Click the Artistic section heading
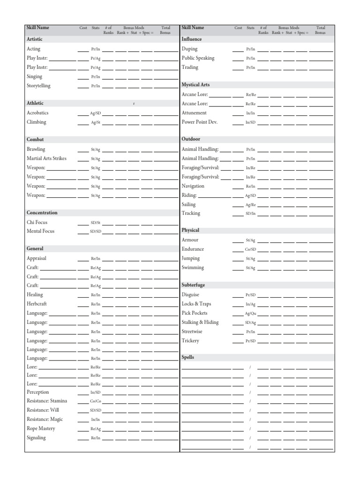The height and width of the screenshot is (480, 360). coord(35,39)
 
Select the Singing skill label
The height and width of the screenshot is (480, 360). coord(34,76)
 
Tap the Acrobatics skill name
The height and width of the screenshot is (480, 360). coord(37,113)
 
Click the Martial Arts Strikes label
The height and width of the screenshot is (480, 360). coord(46,158)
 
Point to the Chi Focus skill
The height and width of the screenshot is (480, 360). coord(37,222)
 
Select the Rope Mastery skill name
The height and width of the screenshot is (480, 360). coord(41,428)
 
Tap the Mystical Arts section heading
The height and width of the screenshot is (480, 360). coord(195,85)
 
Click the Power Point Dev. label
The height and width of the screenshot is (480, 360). coord(200,122)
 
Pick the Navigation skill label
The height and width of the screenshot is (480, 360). coord(193,186)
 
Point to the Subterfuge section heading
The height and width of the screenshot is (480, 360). coord(193,285)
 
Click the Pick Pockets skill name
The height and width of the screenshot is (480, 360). coord(195,313)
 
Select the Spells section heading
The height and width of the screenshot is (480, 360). coord(187,357)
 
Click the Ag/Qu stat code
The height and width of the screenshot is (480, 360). coord(250,314)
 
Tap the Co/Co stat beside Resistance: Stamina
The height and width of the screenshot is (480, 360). coord(96,401)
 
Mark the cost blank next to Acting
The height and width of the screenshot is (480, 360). coord(83,49)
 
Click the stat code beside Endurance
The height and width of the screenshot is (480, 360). coord(250,250)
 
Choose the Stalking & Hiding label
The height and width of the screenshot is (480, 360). coord(200,322)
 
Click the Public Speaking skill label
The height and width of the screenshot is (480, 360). coord(198,58)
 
